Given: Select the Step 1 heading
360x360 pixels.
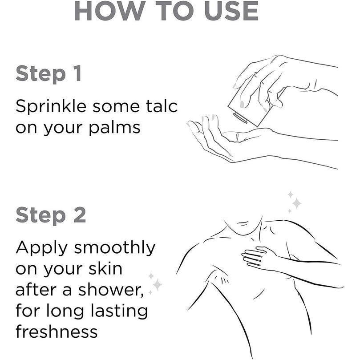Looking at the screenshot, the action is [49, 74].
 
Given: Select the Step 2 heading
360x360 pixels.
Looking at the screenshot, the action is [51, 215].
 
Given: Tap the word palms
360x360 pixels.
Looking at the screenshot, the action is [114, 128].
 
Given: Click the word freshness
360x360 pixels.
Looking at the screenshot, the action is [57, 331].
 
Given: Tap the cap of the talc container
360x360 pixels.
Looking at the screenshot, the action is [240, 117].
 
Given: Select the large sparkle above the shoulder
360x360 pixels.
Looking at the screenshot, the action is [296, 203].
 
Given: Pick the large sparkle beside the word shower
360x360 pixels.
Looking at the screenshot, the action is [157, 285].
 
